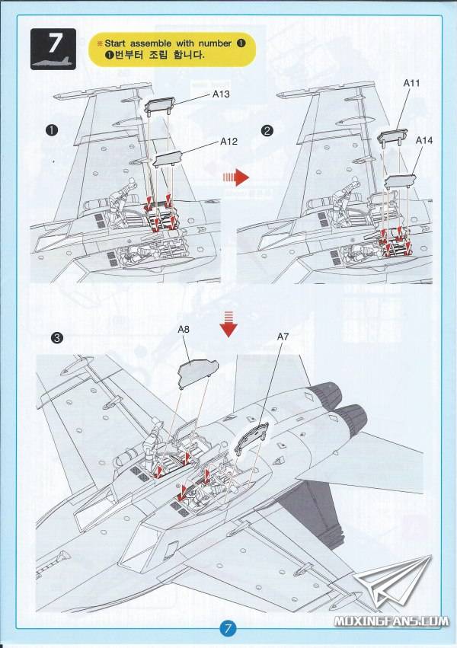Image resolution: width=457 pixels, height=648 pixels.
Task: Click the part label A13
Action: [221, 95]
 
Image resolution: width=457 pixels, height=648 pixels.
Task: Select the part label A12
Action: [228, 141]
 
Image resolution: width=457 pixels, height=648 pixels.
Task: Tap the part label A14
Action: [425, 142]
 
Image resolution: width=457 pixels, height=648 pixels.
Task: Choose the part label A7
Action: [283, 336]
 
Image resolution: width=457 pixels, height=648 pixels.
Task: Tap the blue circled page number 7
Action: [228, 629]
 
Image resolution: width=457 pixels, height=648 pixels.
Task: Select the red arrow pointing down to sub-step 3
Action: [228, 324]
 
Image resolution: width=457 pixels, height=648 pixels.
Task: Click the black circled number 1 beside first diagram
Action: [52, 130]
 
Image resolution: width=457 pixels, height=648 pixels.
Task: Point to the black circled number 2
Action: [267, 130]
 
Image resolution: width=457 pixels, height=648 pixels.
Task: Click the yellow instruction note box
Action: [171, 49]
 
